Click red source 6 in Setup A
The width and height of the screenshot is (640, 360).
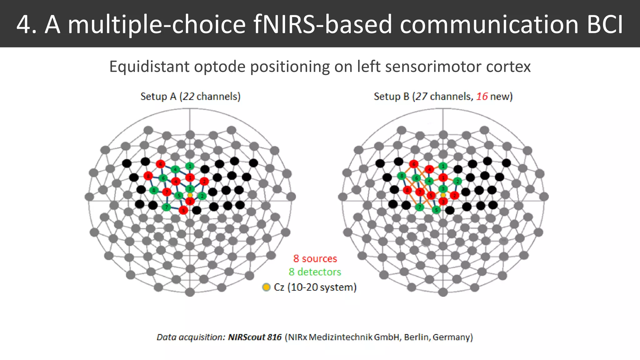click(160, 164)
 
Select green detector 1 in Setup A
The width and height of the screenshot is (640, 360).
click(190, 166)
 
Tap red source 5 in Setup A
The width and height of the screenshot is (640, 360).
click(183, 210)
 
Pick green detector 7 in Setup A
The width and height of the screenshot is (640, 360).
click(167, 207)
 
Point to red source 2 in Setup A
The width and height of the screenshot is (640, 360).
click(204, 181)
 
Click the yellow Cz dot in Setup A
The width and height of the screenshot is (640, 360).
click(190, 195)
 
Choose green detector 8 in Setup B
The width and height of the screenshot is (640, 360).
click(402, 176)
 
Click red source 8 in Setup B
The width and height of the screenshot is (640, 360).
click(407, 190)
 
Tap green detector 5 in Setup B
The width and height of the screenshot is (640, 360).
click(436, 210)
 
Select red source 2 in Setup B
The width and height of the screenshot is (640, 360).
click(454, 196)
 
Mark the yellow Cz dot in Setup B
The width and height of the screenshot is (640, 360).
click(443, 195)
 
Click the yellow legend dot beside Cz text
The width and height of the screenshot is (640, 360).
click(266, 287)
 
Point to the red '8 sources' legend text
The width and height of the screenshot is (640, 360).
click(315, 259)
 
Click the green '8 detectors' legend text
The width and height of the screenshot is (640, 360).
click(315, 272)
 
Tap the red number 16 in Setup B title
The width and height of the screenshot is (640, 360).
click(482, 97)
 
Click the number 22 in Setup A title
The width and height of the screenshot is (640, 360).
click(188, 97)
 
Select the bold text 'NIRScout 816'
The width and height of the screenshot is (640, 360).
click(255, 337)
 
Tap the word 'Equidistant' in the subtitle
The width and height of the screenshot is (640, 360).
click(149, 67)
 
